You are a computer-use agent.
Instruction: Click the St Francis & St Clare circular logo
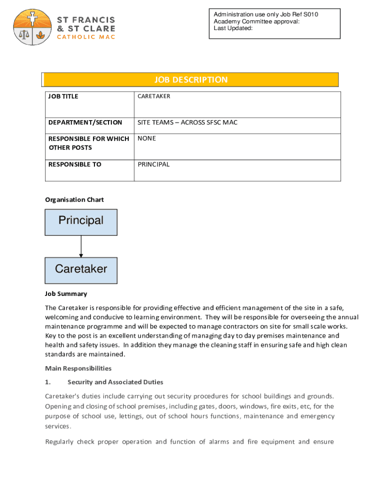point(33,27)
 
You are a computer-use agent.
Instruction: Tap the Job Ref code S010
point(311,15)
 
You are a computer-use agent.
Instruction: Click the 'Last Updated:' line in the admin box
point(233,28)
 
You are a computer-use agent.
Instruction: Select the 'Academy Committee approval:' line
point(256,21)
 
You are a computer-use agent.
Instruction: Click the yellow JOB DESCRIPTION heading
point(190,80)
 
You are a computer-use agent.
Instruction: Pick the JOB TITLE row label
point(63,96)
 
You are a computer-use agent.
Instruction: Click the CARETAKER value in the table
point(154,96)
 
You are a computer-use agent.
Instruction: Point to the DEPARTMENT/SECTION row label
point(85,123)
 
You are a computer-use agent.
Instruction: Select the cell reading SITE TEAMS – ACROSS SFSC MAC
point(187,123)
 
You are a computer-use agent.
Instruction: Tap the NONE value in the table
point(147,139)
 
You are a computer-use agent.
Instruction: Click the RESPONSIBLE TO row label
point(75,165)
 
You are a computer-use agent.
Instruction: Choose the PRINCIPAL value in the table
point(154,165)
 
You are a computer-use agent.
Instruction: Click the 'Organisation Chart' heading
point(74,200)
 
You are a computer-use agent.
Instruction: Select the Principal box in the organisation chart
point(81,222)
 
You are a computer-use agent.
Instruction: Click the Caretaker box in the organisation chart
point(81,270)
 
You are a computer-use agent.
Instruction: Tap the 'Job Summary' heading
point(66,294)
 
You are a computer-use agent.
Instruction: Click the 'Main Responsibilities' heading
point(78,369)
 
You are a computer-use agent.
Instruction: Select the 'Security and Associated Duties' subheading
point(115,382)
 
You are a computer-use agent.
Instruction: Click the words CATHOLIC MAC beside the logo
point(86,37)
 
